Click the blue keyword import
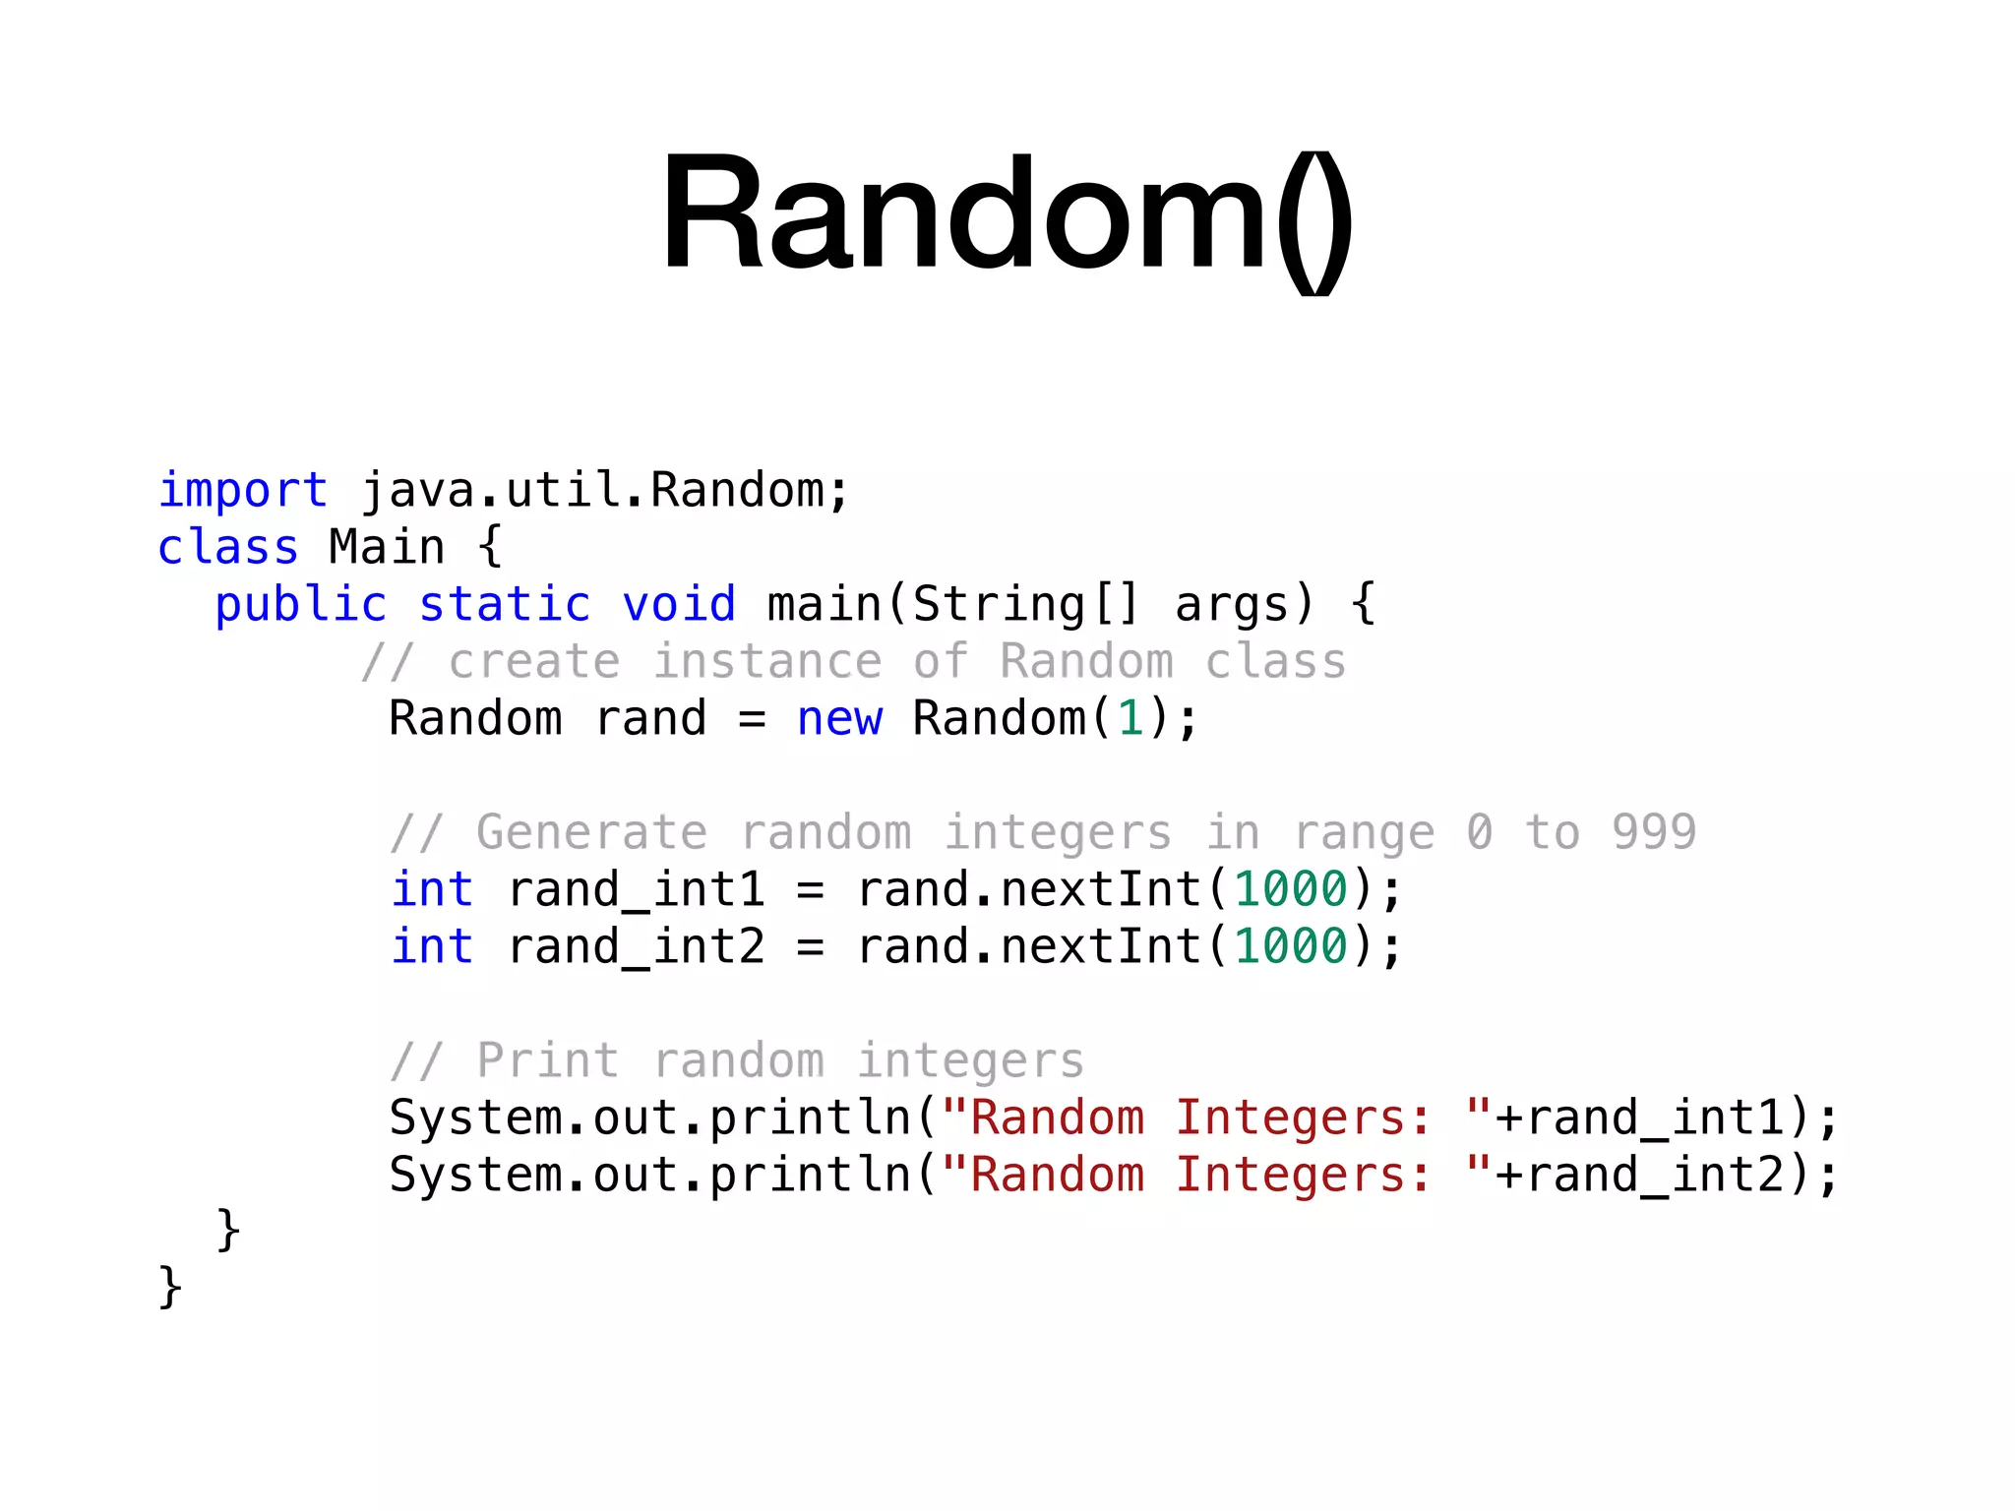(x=242, y=490)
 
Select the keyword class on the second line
(x=227, y=547)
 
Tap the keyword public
(x=300, y=604)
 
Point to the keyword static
(x=505, y=604)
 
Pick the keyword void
(x=679, y=604)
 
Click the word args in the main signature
(x=1232, y=604)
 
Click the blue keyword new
(x=839, y=718)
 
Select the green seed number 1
(x=1130, y=718)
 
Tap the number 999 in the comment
(x=1653, y=832)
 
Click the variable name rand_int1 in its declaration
(x=637, y=889)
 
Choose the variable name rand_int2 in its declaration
(x=637, y=946)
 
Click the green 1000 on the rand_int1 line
(x=1290, y=889)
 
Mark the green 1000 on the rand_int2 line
(x=1290, y=946)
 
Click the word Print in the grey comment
(x=548, y=1060)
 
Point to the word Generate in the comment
(x=591, y=832)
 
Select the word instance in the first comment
(x=767, y=661)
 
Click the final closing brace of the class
(x=170, y=1287)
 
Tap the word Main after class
(x=387, y=547)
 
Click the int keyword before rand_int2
(x=432, y=946)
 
